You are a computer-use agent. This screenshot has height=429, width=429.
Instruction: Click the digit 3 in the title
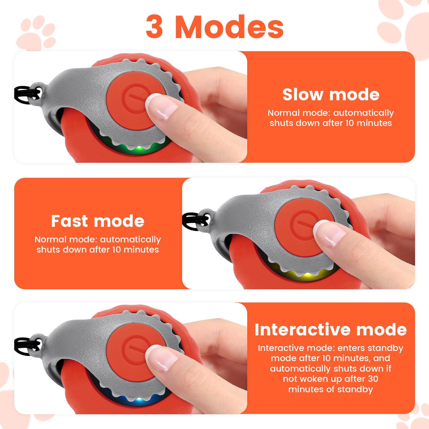pyautogui.click(x=155, y=27)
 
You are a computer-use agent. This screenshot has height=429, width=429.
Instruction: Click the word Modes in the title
pyautogui.click(x=230, y=27)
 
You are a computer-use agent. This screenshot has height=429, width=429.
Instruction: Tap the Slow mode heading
pyautogui.click(x=331, y=95)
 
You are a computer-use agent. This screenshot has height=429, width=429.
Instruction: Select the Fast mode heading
pyautogui.click(x=98, y=221)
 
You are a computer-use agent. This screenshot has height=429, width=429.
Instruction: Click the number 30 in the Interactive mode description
pyautogui.click(x=372, y=379)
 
